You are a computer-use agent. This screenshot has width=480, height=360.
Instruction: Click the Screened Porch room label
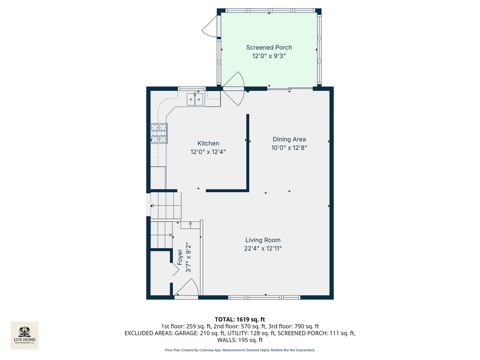(269, 48)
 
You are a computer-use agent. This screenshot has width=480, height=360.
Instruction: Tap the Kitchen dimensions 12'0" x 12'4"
(208, 152)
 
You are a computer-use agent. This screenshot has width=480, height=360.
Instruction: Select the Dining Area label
(289, 139)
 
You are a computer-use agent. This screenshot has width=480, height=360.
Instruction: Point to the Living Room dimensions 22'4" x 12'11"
(263, 248)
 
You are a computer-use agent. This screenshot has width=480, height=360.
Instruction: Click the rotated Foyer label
(180, 257)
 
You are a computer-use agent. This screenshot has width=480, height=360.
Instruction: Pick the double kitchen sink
(195, 99)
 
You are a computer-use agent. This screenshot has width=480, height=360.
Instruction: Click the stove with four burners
(159, 133)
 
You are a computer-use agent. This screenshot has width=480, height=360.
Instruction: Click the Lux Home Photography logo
(25, 335)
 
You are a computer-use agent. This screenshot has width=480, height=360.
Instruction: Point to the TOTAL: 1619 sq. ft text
(240, 319)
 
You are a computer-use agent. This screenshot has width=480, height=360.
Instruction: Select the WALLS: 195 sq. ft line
(240, 340)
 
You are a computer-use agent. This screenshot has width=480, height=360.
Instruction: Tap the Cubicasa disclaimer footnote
(240, 350)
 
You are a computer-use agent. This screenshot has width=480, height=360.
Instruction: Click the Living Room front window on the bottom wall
(264, 297)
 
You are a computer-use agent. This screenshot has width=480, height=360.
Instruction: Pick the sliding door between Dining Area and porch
(290, 89)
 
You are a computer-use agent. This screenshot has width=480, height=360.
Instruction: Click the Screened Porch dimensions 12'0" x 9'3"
(269, 56)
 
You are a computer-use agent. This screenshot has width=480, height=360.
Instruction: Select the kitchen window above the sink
(191, 89)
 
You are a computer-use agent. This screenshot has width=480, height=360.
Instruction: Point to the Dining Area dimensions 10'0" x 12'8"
(289, 148)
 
